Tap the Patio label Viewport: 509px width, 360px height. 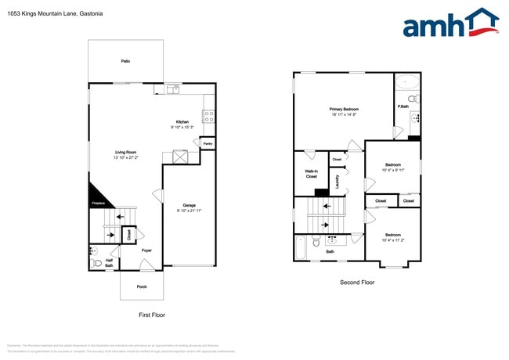125,60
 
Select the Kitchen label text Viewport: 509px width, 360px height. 182,122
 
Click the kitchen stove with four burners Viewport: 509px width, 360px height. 209,117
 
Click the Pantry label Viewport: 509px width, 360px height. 208,144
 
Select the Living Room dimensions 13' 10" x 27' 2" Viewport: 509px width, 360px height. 126,157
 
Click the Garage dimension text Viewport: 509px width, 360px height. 189,211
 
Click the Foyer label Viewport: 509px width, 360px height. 146,250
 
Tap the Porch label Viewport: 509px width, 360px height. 142,286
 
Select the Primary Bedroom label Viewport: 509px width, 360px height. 344,109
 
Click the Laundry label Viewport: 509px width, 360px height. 337,182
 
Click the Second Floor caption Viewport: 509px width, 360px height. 357,282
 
